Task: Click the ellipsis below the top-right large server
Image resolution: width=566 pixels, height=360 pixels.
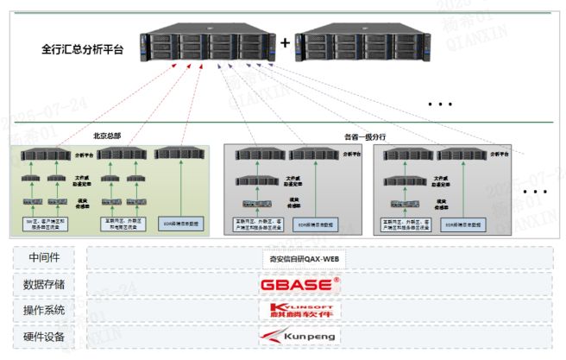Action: [440, 104]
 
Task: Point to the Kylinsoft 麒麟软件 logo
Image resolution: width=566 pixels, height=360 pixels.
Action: [300, 309]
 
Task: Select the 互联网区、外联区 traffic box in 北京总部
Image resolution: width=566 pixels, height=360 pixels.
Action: [122, 223]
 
